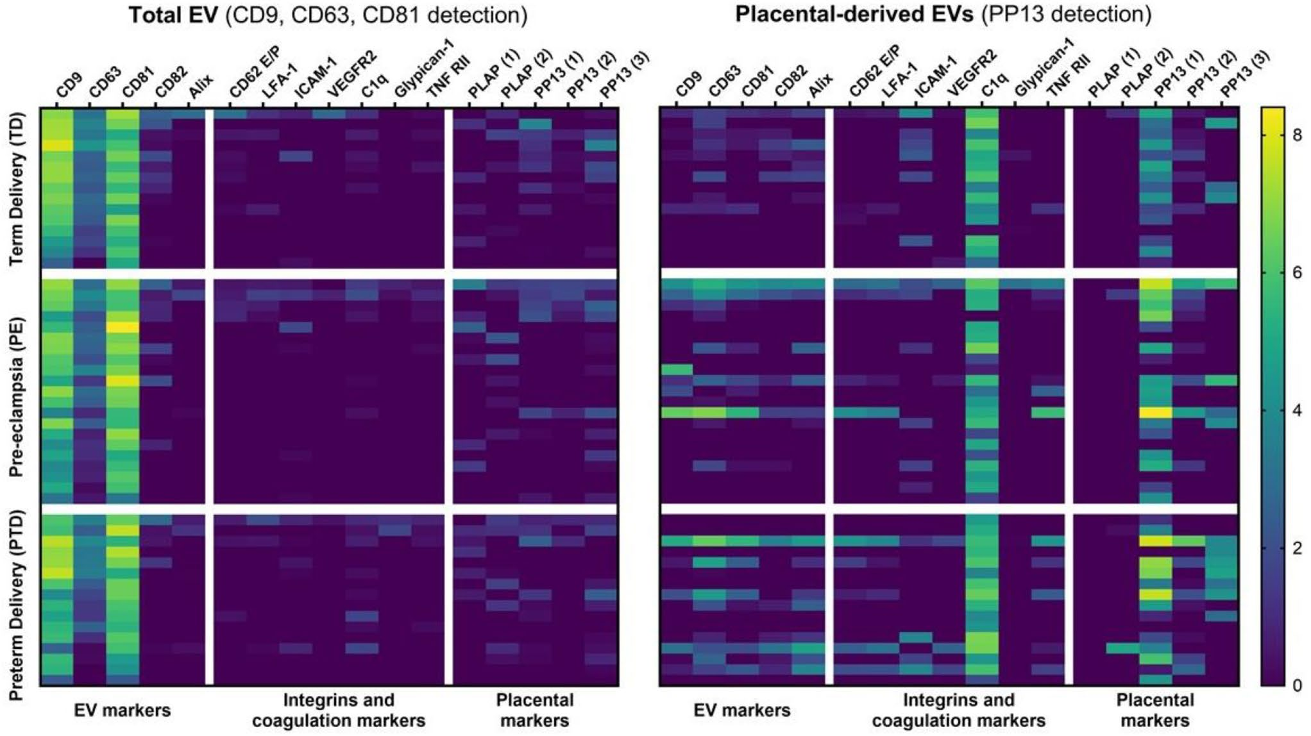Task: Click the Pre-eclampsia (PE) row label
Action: point(16,396)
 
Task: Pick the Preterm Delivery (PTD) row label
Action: point(16,606)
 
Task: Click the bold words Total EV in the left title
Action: point(173,15)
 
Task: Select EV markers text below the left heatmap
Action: point(123,710)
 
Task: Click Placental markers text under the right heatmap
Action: point(1155,710)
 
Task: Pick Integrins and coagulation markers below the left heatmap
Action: point(339,710)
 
